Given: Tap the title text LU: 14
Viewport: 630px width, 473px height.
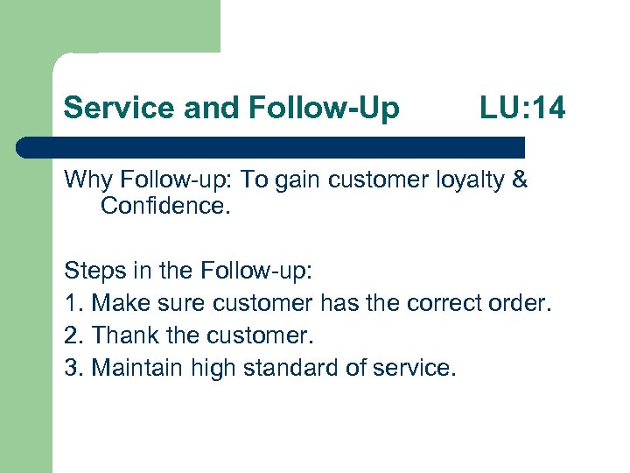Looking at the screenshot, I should (522, 108).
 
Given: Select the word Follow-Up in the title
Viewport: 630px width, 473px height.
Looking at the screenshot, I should (325, 108).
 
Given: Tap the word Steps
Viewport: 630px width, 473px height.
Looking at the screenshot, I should (93, 272).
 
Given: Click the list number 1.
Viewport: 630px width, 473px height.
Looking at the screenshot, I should (71, 303).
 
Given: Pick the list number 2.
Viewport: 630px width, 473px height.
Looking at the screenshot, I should (71, 335).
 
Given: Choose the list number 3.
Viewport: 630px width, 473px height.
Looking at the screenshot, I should (71, 368).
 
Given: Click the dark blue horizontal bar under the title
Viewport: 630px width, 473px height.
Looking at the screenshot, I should (271, 148).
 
